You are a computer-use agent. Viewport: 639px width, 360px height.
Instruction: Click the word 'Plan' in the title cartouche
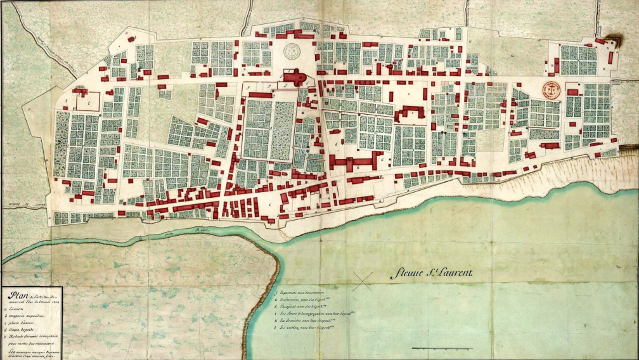[x=11, y=295]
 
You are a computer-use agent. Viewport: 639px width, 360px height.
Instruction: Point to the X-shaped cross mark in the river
[x=362, y=281]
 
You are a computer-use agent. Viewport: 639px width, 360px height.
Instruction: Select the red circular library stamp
[x=551, y=88]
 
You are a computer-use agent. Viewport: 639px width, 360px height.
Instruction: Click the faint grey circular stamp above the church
[x=294, y=51]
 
